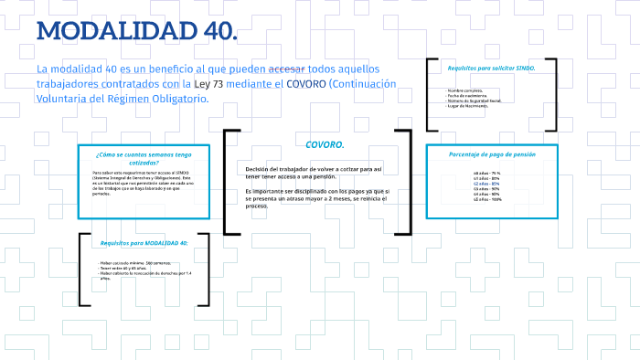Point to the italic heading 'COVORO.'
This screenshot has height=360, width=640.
pyautogui.click(x=324, y=144)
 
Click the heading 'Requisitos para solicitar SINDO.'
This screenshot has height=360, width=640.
pyautogui.click(x=491, y=68)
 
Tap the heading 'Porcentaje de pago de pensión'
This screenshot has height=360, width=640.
pyautogui.click(x=492, y=154)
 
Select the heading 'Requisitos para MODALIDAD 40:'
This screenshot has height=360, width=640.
pyautogui.click(x=144, y=243)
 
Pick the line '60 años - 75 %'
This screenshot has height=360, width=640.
pyautogui.click(x=487, y=173)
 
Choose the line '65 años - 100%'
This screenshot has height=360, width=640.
pyautogui.click(x=487, y=199)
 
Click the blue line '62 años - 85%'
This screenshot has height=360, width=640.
pyautogui.click(x=487, y=184)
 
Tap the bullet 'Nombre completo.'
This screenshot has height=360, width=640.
pyautogui.click(x=466, y=90)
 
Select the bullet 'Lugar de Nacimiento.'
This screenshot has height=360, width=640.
pyautogui.click(x=468, y=105)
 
